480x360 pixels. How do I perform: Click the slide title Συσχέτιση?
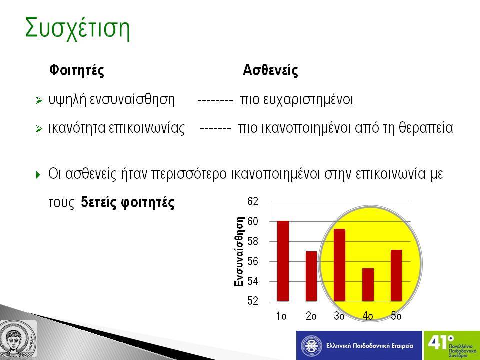pos(78,29)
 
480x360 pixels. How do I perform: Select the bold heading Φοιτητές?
pos(77,70)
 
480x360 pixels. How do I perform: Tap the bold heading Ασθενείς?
pos(270,70)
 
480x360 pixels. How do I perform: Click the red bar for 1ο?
pos(283,261)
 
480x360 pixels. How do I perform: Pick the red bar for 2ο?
pos(311,276)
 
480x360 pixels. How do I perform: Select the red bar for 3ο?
pos(340,265)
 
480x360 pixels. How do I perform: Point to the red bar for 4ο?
pos(368,285)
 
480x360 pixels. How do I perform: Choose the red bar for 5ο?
pos(396,275)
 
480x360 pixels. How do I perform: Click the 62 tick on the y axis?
pos(253,201)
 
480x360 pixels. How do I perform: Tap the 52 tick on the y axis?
pos(253,301)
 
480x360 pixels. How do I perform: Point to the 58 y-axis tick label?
pos(253,241)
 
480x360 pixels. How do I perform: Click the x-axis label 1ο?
pos(281,316)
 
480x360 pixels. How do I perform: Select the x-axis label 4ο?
pos(368,316)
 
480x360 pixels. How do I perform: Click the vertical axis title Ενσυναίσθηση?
pos(239,252)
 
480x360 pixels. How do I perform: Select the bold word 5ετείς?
pos(99,202)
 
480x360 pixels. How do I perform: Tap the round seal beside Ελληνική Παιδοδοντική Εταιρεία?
pos(311,346)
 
